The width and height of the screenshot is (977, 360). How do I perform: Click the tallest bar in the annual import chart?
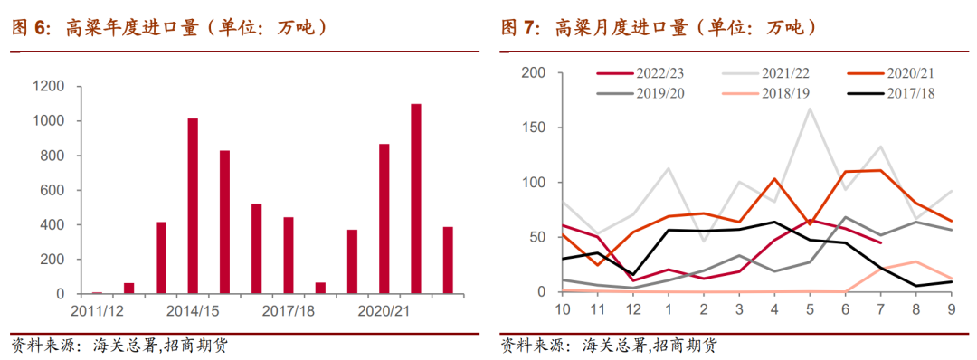pyautogui.click(x=416, y=199)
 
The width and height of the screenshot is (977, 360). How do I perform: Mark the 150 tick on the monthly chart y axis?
pyautogui.click(x=535, y=128)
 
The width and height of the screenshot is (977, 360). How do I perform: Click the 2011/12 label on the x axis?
pyautogui.click(x=99, y=310)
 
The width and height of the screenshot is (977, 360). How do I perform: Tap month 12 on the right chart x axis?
pyautogui.click(x=633, y=309)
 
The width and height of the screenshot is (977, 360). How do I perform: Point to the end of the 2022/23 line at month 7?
pyautogui.click(x=880, y=242)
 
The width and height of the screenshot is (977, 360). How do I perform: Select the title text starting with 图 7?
pyautogui.click(x=659, y=28)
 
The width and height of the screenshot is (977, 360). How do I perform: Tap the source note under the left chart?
pyautogui.click(x=118, y=345)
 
